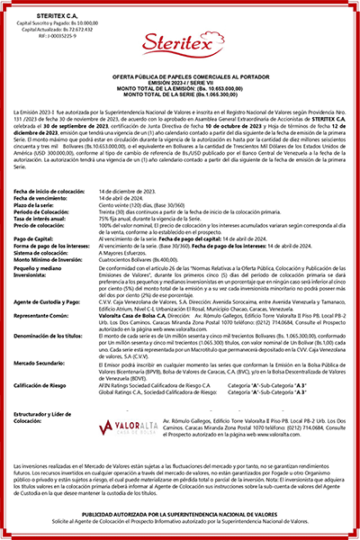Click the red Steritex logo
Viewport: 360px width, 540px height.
[x=179, y=69]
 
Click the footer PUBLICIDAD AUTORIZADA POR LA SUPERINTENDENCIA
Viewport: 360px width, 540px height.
[x=180, y=514]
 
